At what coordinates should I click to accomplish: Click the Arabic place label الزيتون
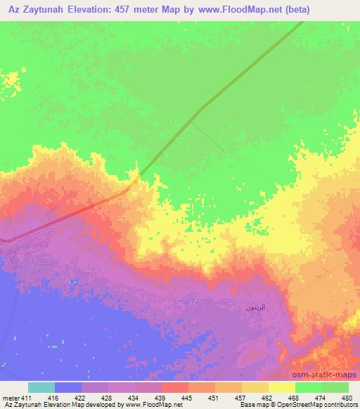254,308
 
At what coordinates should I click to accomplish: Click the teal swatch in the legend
41,387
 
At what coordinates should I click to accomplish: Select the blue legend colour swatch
68,387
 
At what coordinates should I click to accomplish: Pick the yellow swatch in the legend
282,387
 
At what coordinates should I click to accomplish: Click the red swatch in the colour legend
175,387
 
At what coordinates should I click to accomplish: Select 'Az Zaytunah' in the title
32,10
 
